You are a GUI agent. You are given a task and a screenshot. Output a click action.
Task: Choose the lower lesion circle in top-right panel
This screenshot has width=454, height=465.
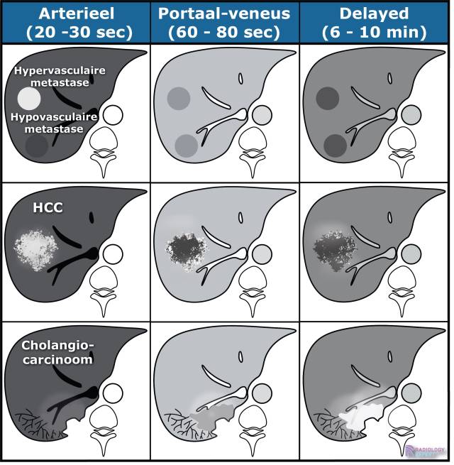click(334, 145)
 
